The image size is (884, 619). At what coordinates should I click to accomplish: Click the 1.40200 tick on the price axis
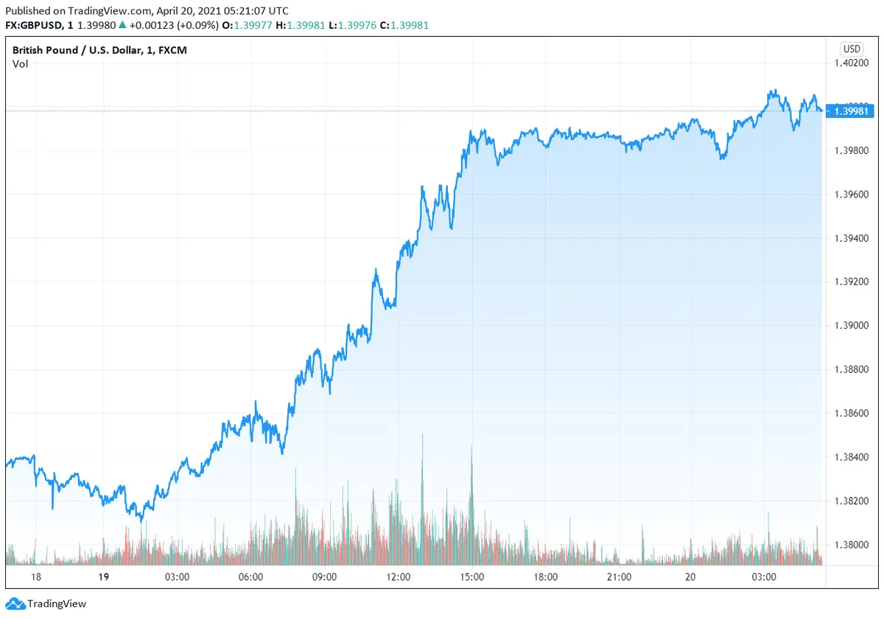(x=852, y=63)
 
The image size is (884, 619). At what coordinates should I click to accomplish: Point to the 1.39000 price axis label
(x=852, y=326)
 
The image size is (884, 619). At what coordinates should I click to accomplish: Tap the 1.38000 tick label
(x=852, y=545)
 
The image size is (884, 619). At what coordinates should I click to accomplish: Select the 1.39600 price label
(x=852, y=195)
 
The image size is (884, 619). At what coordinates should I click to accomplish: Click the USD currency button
(x=852, y=49)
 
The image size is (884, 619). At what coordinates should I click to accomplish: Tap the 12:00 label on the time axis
(x=398, y=576)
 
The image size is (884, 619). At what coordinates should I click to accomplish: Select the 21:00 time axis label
(x=619, y=576)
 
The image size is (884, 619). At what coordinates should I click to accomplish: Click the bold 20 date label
(x=691, y=576)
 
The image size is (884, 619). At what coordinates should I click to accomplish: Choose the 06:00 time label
(x=251, y=576)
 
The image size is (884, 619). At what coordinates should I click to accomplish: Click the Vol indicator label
(x=20, y=64)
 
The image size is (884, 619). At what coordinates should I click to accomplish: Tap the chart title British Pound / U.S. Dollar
(x=70, y=50)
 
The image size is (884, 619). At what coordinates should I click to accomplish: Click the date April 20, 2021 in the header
(x=181, y=11)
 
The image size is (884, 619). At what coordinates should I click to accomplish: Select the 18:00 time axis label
(x=545, y=576)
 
